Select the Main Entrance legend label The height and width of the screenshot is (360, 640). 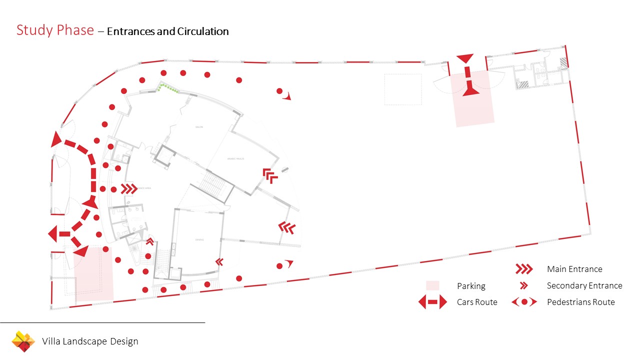574,269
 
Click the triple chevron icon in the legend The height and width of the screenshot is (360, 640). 523,269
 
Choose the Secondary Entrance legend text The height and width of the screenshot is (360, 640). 584,286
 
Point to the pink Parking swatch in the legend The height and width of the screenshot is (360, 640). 432,286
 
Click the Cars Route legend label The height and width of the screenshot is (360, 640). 477,302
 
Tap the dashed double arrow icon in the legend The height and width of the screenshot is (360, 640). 432,302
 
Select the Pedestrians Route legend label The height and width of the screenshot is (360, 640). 581,302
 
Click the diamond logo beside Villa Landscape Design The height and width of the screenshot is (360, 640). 23,341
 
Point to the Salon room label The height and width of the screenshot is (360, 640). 199,127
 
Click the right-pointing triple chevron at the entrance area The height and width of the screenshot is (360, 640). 129,189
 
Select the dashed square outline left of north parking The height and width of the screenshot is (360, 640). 402,89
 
